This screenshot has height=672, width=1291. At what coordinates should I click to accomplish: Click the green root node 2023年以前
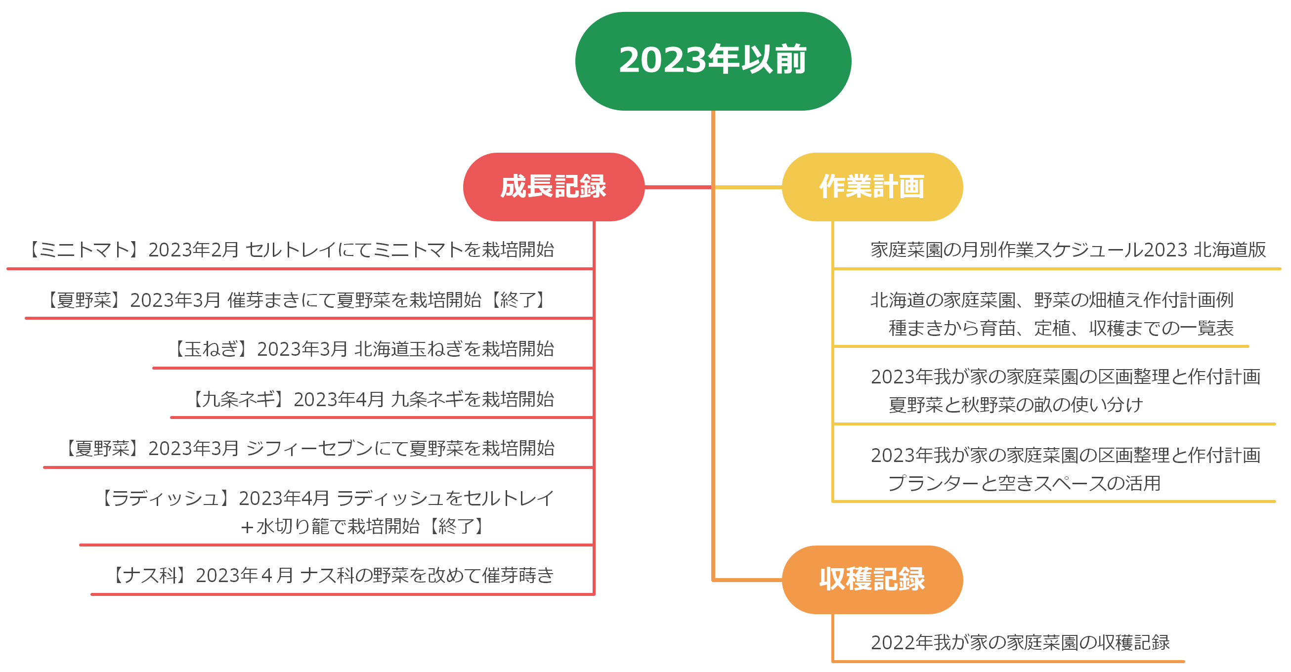click(x=713, y=61)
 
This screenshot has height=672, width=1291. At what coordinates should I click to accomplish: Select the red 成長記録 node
click(x=553, y=186)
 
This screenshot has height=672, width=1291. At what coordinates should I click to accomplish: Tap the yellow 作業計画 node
click(x=871, y=186)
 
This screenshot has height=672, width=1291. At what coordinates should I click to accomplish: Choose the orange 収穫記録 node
click(x=871, y=579)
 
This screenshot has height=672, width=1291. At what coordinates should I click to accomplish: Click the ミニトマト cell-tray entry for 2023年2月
click(x=291, y=250)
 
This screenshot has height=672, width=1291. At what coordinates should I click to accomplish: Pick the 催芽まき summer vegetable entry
click(x=296, y=299)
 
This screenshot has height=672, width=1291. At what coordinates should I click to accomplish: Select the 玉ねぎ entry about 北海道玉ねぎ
click(x=363, y=349)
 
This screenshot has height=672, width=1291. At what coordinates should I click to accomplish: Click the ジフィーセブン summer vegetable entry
click(x=308, y=448)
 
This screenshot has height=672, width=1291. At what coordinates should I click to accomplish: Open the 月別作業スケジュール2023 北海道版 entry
click(x=1068, y=250)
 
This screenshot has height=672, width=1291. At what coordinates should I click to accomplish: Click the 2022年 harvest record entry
click(x=1020, y=642)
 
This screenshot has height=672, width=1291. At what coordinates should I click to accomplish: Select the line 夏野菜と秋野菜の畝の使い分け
click(x=1015, y=404)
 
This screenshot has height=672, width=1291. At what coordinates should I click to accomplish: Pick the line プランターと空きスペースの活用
click(x=1024, y=483)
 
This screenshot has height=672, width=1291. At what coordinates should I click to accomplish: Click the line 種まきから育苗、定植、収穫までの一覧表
click(x=1061, y=328)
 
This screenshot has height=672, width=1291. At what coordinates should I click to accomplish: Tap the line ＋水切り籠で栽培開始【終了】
click(x=363, y=526)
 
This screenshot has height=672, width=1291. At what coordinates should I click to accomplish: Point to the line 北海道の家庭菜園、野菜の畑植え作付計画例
click(x=1051, y=299)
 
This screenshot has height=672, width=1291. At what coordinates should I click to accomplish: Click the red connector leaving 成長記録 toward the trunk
click(x=678, y=187)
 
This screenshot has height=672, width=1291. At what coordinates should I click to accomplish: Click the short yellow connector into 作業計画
click(x=748, y=187)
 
